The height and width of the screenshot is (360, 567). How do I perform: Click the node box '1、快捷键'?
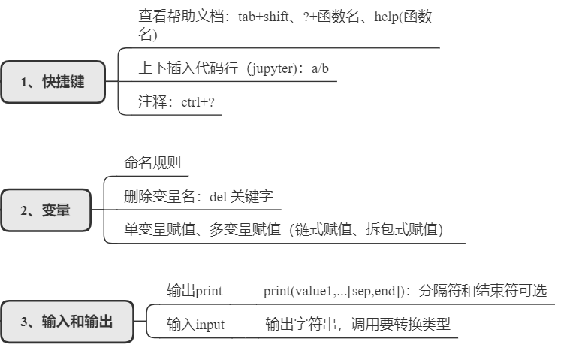click(x=53, y=82)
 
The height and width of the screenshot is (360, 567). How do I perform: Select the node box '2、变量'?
click(x=45, y=210)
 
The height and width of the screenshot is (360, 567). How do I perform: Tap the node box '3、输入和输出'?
click(x=67, y=322)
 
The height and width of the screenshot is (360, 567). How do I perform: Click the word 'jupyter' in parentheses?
click(x=273, y=68)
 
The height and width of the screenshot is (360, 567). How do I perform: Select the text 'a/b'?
click(x=321, y=68)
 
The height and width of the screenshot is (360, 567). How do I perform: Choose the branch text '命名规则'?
click(x=152, y=162)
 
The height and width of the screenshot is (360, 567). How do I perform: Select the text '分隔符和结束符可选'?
click(x=484, y=291)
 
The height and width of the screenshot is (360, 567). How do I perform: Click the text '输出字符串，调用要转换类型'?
click(x=357, y=325)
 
